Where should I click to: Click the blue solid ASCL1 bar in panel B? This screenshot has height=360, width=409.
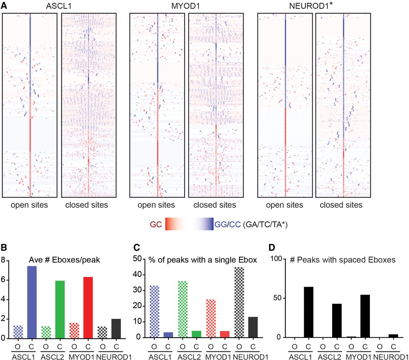point(32,302)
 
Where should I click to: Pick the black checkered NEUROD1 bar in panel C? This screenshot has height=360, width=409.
point(239,302)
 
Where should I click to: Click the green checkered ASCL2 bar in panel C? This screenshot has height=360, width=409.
point(183,309)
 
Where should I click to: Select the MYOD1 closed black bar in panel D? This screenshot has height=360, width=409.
point(365,316)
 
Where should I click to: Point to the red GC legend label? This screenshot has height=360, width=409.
point(156,225)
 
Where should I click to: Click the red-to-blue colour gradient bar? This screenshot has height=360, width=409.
point(189,224)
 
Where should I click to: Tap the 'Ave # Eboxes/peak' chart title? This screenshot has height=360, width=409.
point(64,260)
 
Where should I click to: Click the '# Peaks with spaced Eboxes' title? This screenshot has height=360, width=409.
point(343,260)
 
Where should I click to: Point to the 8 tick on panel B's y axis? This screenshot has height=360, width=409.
point(3,260)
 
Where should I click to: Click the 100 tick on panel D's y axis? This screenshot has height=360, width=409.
point(277,259)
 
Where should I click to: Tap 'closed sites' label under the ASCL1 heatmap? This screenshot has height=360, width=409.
point(87,205)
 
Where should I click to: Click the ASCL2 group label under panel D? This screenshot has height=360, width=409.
point(329,356)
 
